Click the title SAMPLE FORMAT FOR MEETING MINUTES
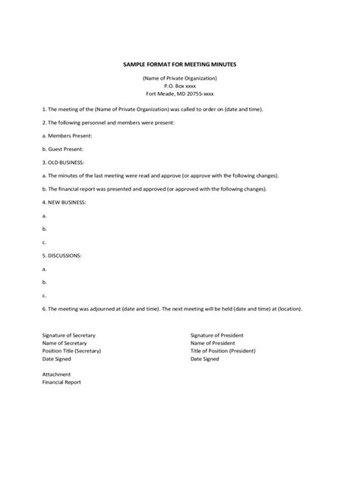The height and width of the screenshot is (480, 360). tap(180, 65)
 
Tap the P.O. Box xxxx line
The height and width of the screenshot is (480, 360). tap(180, 87)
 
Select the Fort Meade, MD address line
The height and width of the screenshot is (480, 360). tap(180, 95)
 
